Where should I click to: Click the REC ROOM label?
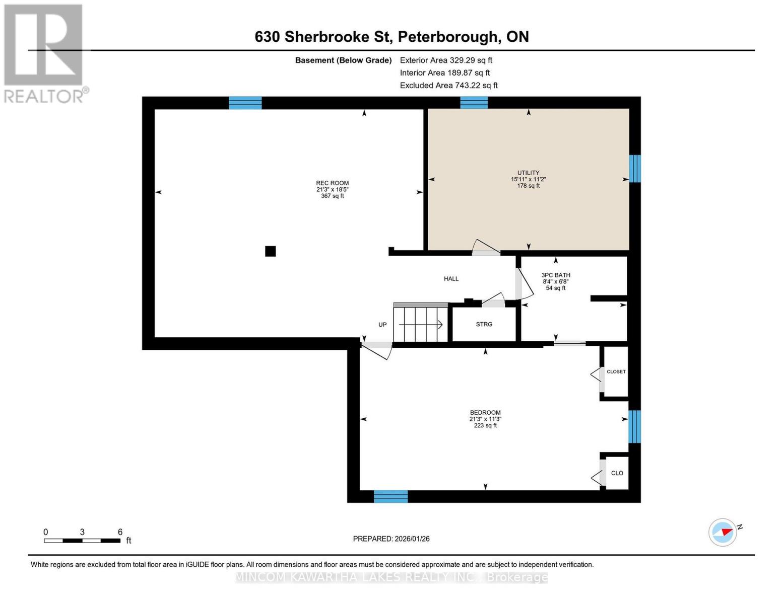tap(332, 183)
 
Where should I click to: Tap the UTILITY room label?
tap(528, 173)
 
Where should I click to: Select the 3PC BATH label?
tap(556, 275)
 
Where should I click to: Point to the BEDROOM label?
tap(485, 413)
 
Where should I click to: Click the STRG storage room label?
tap(484, 324)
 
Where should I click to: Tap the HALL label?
tap(451, 279)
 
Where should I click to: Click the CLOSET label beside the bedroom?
tap(616, 371)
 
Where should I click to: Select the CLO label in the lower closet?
tap(617, 473)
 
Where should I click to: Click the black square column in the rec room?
tap(271, 251)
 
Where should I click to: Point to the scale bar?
tap(82, 541)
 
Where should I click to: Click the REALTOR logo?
tap(44, 53)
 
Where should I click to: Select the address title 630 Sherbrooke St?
tap(391, 37)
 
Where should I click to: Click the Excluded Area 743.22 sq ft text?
tap(448, 86)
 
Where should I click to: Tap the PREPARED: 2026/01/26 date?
tap(391, 539)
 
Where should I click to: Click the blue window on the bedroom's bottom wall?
tap(390, 496)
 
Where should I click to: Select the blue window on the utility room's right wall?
tap(635, 169)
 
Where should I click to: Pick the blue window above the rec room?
tap(245, 103)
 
